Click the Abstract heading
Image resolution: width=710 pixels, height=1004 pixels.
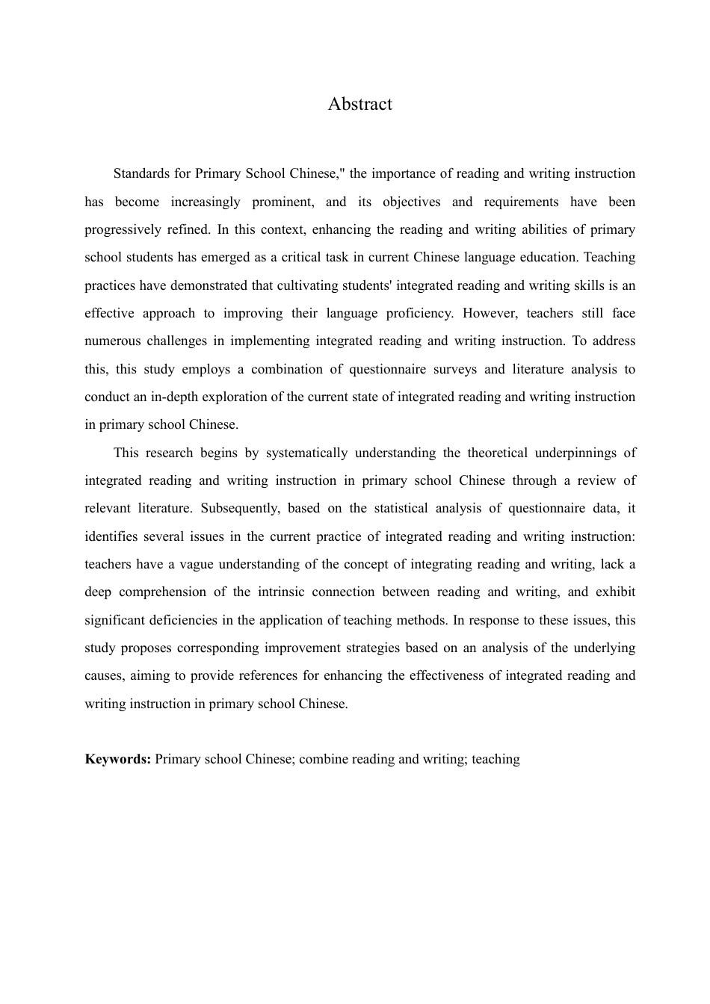(x=359, y=104)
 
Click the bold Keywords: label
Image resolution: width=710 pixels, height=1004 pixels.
(x=118, y=759)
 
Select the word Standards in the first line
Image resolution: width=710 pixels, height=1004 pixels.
(x=142, y=173)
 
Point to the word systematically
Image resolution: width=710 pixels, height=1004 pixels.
(x=306, y=453)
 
